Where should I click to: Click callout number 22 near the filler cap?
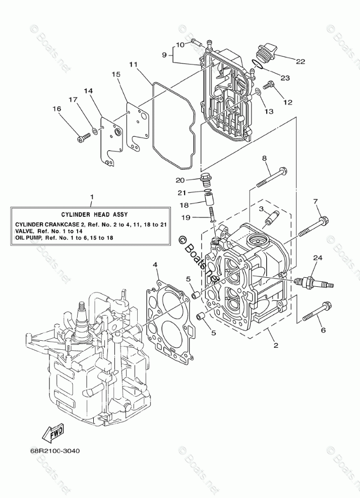(301, 61)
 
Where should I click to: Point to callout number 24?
(317, 258)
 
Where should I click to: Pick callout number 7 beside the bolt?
(316, 202)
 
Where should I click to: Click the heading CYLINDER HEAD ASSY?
(91, 214)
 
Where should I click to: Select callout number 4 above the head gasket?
(155, 264)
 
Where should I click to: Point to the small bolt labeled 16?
(82, 136)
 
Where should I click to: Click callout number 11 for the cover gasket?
(133, 65)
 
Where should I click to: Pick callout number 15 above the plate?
(116, 75)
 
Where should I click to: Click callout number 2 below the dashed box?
(276, 345)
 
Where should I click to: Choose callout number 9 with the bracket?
(164, 54)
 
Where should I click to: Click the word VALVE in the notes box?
(25, 231)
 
